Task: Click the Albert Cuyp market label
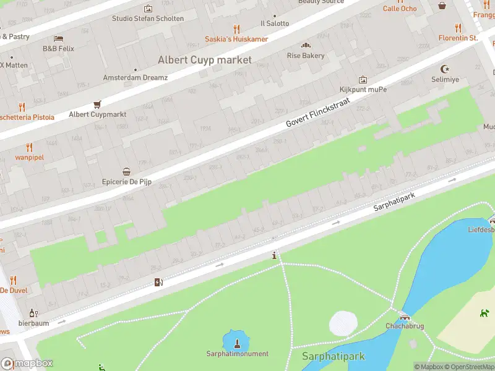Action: pos(205,60)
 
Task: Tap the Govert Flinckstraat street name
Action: pos(318,106)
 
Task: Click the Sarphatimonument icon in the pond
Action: pos(236,342)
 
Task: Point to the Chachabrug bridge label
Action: pos(404,326)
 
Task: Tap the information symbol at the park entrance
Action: pos(275,255)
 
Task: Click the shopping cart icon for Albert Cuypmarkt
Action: pos(97,104)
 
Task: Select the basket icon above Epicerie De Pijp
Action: pos(127,172)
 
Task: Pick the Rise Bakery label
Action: pos(306,56)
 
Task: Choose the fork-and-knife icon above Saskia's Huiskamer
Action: pos(236,28)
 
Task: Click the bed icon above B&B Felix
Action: pos(58,38)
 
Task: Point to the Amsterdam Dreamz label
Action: pos(135,78)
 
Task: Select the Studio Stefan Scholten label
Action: pos(148,19)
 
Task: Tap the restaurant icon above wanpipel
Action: pos(29,147)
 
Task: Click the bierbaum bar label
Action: pos(33,323)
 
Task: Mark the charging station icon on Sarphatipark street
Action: pos(158,283)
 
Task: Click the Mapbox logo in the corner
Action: pos(27,364)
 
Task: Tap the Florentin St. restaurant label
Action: pos(458,38)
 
